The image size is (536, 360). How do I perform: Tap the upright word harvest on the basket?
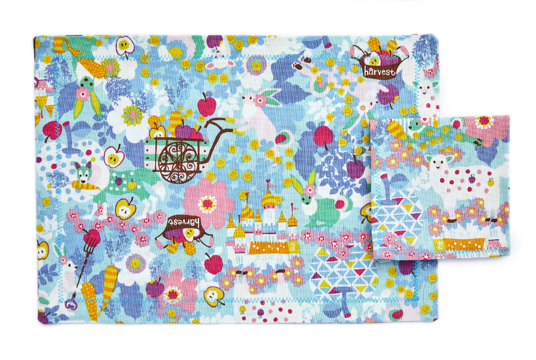point(380,72)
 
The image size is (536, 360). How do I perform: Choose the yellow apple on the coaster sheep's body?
point(490,182)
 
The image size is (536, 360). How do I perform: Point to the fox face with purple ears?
point(82,173)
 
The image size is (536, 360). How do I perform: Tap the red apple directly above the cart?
point(206,105)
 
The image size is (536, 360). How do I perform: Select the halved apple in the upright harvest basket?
point(374,60)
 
